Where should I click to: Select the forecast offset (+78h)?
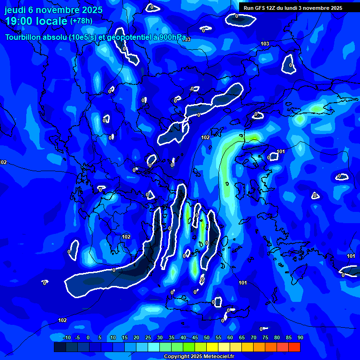81,21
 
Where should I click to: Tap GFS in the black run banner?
261,7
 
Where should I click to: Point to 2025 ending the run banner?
336,7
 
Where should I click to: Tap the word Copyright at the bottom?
177,357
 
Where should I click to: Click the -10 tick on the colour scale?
66,337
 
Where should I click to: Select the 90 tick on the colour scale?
300,337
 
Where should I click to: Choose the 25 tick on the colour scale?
148,337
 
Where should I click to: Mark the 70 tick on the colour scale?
254,337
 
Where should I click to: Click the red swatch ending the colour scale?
294,347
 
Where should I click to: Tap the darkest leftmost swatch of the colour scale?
60,347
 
